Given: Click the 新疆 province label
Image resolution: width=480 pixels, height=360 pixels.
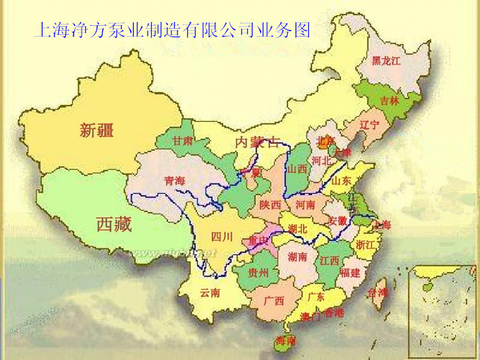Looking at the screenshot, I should pyautogui.click(x=97, y=130).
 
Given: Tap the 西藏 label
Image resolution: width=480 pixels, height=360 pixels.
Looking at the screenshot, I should pyautogui.click(x=114, y=225).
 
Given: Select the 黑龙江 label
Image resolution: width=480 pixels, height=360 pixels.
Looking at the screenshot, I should pyautogui.click(x=386, y=61).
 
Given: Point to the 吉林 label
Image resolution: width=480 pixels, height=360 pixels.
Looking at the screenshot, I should pyautogui.click(x=389, y=101).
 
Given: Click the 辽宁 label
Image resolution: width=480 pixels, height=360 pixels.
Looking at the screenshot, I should pyautogui.click(x=370, y=125).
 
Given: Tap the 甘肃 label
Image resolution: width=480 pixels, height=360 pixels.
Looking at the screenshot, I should pyautogui.click(x=182, y=141).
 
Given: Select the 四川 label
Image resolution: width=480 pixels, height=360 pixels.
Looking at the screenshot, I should pyautogui.click(x=222, y=236).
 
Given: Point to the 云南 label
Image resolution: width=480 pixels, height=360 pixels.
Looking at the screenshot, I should pyautogui.click(x=210, y=293).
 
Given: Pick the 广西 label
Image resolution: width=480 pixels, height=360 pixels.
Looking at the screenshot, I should pyautogui.click(x=274, y=301).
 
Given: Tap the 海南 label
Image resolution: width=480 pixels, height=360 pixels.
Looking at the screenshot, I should pyautogui.click(x=285, y=340).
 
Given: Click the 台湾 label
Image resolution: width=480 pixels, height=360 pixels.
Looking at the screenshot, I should pyautogui.click(x=379, y=293).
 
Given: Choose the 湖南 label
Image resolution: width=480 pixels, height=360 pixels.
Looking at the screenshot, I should pyautogui.click(x=298, y=257).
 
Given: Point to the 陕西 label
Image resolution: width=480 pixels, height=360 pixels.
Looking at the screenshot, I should pyautogui.click(x=270, y=205).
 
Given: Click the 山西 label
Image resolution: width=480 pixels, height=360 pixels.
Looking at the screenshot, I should pyautogui.click(x=297, y=169).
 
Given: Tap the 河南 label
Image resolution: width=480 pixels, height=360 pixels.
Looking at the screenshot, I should pyautogui.click(x=306, y=205).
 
